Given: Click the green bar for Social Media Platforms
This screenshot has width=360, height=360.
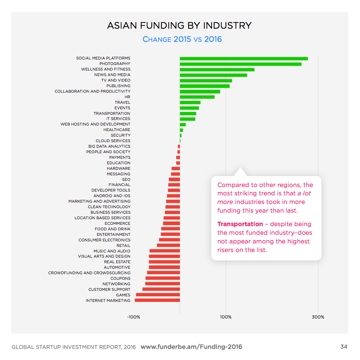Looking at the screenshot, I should click(243, 58).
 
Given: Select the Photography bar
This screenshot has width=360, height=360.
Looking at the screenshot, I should click(240, 64).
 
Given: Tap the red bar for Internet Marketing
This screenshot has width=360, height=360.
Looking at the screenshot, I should click(157, 301).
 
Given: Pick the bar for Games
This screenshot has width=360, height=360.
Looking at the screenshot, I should click(158, 295).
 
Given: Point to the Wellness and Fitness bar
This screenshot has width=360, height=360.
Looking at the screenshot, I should click(217, 70).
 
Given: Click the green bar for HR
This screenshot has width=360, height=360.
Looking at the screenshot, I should click(197, 97).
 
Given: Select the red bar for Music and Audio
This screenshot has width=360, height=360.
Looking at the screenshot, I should click(165, 251).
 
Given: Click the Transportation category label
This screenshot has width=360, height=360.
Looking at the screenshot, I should click(112, 113).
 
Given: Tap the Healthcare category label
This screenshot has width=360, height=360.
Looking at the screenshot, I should click(117, 130).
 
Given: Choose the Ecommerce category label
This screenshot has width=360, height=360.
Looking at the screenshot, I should click(117, 223).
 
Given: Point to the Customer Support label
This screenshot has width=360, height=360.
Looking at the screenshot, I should click(109, 289).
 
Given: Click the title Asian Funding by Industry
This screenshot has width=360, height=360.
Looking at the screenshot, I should click(179, 26).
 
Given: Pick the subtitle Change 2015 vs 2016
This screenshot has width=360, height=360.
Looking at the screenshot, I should click(182, 39).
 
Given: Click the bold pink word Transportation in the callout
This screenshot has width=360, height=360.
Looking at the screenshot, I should click(240, 224).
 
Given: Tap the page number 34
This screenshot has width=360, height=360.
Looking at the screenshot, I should click(343, 347).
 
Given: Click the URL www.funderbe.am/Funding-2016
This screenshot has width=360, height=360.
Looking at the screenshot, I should click(191, 347).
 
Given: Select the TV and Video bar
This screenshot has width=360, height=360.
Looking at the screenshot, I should click(206, 81).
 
